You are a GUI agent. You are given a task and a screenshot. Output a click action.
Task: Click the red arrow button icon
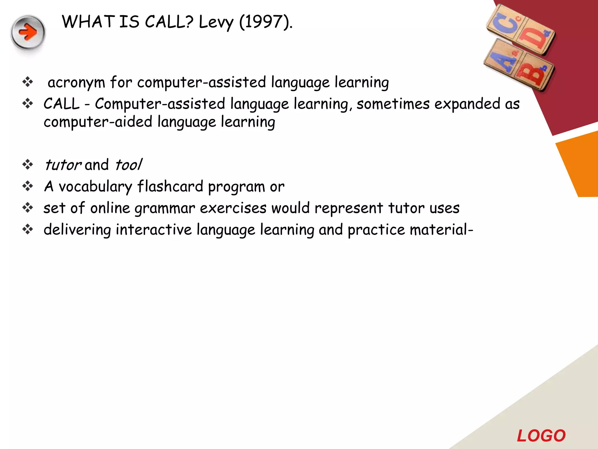(28, 32)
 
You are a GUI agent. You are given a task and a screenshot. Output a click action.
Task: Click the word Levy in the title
(216, 22)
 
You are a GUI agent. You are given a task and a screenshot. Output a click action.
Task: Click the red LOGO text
(541, 436)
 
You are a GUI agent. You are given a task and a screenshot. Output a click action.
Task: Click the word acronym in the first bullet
(76, 83)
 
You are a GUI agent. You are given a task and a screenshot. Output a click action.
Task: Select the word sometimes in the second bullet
(393, 104)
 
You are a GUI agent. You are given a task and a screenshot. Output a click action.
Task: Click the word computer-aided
(98, 122)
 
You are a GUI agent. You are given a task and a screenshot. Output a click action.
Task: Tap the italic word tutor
(62, 165)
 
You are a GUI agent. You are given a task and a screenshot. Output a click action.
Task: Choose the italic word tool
(128, 165)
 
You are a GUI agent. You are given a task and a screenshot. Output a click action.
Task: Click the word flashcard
(170, 186)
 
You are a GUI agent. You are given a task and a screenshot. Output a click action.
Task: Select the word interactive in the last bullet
(154, 230)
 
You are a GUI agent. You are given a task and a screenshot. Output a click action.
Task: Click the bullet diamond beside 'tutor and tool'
(28, 165)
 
